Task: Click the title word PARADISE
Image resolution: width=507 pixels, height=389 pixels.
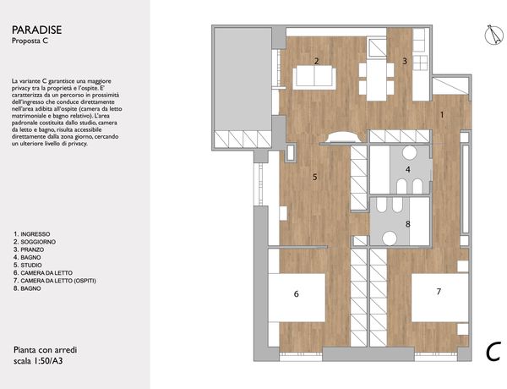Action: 37,30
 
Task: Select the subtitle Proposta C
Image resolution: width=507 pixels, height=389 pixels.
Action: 30,41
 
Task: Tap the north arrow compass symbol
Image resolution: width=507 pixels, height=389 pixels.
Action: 494,35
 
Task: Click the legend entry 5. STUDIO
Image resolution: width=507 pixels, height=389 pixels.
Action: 28,265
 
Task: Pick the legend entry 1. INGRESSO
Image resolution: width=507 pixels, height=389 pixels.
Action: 32,234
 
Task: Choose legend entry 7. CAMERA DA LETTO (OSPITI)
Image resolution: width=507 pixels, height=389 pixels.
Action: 55,281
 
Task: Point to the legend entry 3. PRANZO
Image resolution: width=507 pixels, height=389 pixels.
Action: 29,249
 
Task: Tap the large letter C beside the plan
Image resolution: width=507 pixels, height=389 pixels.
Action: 493,352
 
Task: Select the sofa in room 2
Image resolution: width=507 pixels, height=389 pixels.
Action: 314,77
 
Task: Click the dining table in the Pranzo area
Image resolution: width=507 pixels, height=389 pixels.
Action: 377,79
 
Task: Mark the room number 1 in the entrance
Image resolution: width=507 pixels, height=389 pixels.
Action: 442,114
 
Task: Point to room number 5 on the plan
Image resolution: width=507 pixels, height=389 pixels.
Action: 315,177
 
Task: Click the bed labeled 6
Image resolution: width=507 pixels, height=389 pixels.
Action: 297,298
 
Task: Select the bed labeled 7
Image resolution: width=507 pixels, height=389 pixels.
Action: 439,298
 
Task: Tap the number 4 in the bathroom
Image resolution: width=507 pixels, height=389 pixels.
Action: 408,169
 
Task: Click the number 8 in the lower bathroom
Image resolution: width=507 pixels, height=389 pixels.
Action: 408,224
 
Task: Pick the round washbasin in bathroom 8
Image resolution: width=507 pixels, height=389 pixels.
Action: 390,238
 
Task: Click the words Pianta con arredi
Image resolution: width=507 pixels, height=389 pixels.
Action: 46,350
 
